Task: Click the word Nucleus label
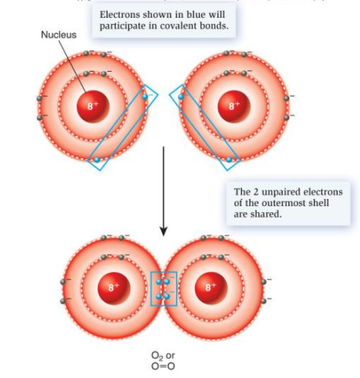pos(59,35)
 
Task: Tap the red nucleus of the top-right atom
pos(229,106)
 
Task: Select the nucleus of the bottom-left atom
pos(113,287)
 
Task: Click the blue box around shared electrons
pos(163,289)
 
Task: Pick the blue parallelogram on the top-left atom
pos(123,127)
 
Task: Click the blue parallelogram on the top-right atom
pos(209,127)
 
